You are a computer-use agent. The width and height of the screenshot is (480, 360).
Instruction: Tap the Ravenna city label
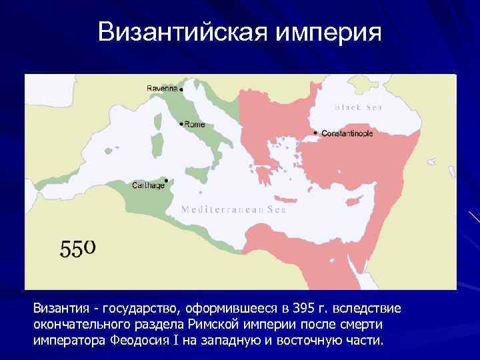(x=162, y=88)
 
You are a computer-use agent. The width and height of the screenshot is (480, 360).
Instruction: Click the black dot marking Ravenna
(x=181, y=89)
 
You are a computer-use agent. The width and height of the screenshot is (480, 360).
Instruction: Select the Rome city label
(x=195, y=124)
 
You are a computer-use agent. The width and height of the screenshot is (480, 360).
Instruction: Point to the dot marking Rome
(x=181, y=123)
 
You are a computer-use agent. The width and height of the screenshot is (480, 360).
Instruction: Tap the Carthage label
(x=148, y=185)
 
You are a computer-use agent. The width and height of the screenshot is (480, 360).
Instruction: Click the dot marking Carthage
(x=165, y=179)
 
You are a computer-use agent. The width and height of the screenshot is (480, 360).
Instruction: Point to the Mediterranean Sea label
(x=234, y=209)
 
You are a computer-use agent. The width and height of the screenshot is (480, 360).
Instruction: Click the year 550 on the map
(x=78, y=248)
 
